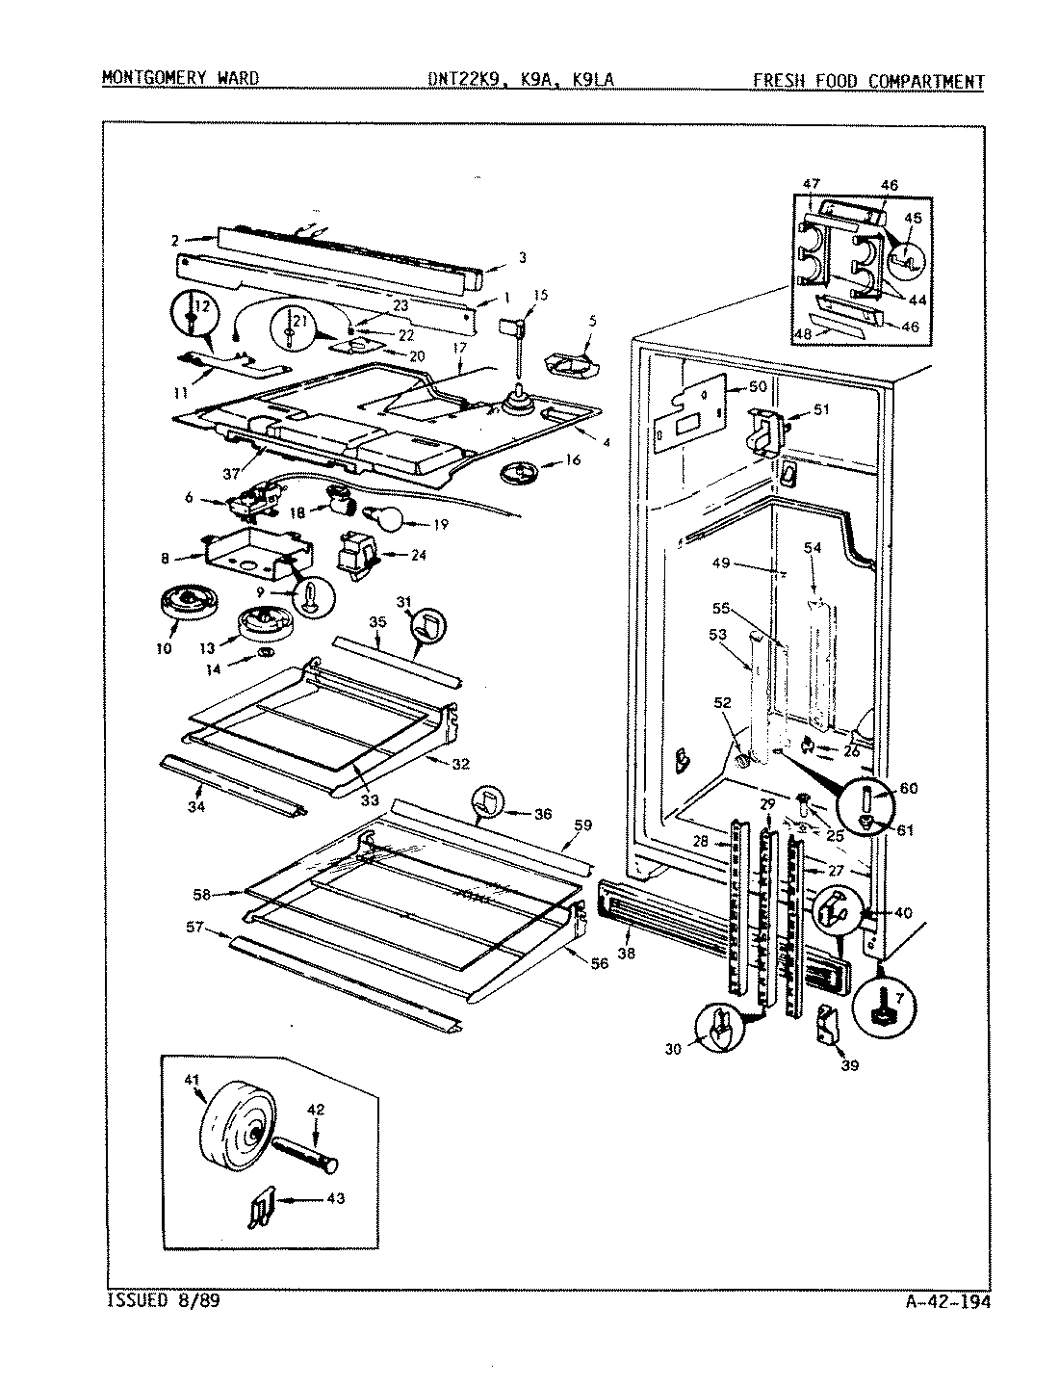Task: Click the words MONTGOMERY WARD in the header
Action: tap(180, 79)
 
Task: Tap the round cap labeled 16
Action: tap(525, 473)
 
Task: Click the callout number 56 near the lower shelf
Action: tap(600, 964)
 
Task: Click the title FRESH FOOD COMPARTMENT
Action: tap(868, 81)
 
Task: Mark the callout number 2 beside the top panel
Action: tap(175, 239)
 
